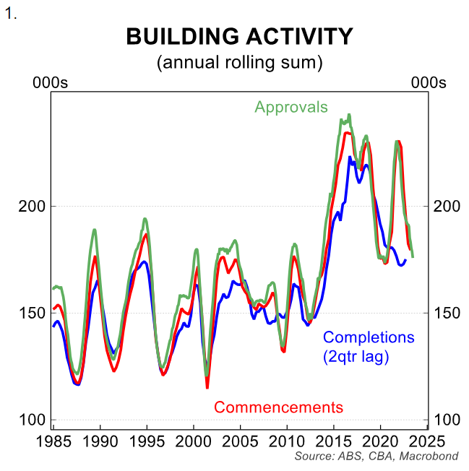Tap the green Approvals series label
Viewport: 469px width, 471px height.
tap(291, 108)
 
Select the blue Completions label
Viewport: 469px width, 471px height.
tap(369, 337)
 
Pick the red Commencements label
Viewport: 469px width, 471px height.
tap(278, 407)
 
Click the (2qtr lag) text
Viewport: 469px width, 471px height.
tap(356, 356)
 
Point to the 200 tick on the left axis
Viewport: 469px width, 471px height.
tap(31, 206)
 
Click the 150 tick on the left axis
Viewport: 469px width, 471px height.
tap(31, 313)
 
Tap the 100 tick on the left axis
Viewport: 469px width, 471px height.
tap(31, 420)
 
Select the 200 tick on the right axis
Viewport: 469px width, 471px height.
tap(446, 206)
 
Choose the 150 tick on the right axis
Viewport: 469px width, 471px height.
tap(446, 313)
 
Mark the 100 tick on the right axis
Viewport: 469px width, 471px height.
tap(446, 420)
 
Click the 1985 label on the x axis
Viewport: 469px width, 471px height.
tap(54, 441)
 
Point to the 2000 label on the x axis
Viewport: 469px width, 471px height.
tap(194, 441)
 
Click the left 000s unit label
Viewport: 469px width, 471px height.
tap(51, 83)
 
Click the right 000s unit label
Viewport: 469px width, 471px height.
tap(429, 83)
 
